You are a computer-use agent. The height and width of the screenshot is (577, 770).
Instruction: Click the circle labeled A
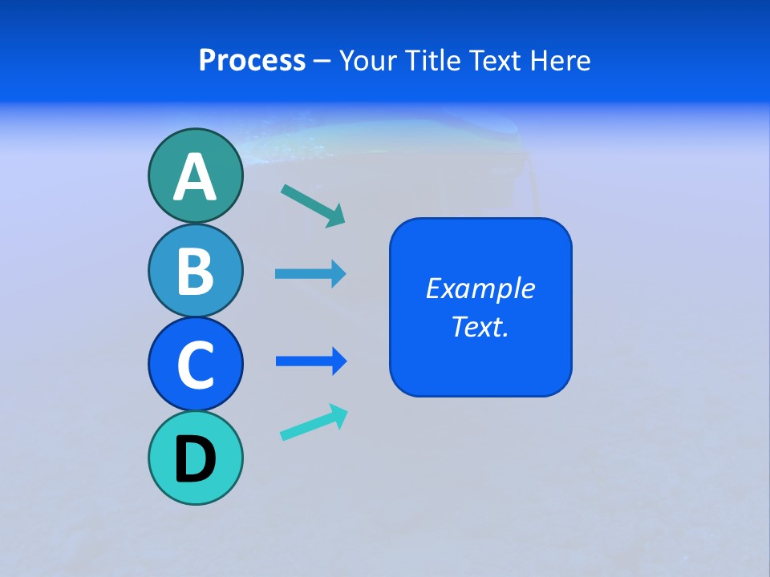(195, 176)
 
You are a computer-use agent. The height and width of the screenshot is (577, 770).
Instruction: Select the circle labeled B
(195, 271)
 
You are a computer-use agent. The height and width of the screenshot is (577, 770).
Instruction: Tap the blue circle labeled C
(195, 364)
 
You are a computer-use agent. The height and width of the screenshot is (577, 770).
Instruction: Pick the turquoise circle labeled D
(195, 458)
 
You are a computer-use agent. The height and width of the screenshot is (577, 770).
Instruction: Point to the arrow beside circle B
(310, 274)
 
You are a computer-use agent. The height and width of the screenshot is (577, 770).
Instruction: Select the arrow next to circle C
(310, 361)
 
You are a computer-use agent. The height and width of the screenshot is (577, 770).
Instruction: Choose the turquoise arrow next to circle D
(314, 422)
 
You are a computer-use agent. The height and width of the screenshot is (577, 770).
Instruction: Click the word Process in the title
(252, 61)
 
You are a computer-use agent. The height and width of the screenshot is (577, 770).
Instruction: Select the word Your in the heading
(367, 61)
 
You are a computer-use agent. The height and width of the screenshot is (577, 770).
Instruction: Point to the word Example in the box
(480, 288)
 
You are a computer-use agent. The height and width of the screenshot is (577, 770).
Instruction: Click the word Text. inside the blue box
(480, 326)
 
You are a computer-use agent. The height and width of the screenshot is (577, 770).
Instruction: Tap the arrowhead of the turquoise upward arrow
(339, 414)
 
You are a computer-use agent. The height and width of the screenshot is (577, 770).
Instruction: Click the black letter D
(195, 459)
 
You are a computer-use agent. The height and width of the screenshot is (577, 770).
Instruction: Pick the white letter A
(195, 177)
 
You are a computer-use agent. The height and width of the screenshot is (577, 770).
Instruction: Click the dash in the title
(322, 61)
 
